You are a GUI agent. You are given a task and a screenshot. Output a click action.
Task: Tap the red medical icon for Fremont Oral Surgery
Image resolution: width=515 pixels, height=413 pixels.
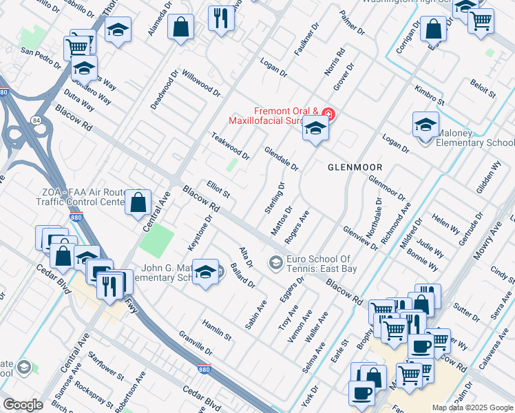pos(328,114)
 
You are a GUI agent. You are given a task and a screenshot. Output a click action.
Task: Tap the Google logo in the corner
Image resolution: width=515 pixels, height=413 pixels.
pos(23,405)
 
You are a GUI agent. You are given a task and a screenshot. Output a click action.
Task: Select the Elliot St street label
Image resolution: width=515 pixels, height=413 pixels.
pos(218,189)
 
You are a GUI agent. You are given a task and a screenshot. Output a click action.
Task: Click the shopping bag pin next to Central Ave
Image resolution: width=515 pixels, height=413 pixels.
pos(138,202)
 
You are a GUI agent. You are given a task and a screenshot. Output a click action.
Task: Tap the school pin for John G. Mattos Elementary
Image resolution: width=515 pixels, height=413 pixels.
pos(205,273)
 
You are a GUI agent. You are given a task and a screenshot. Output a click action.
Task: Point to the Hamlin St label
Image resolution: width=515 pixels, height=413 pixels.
pos(216,330)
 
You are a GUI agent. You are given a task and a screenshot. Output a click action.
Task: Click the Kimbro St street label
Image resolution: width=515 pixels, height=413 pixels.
pos(430,95)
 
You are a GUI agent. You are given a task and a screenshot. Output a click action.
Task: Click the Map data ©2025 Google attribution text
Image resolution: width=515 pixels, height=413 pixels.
pos(472,407)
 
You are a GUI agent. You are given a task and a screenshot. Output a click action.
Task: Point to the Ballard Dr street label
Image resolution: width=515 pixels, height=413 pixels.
pos(243,275)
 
